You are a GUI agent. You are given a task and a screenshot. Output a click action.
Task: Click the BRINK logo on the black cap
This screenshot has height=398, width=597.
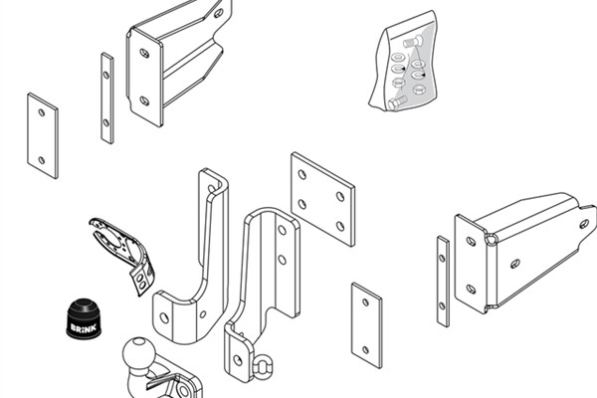pos(83,328)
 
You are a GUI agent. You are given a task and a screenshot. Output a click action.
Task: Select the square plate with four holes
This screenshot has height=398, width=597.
pos(322,199)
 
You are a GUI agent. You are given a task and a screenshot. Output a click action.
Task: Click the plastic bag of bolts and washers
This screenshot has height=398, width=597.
pos(404,61)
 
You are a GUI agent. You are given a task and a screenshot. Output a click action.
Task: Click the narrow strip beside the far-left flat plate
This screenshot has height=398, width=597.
pos(107,98)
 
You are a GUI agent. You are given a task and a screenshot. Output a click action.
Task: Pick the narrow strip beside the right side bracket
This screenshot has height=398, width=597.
pos(443,281)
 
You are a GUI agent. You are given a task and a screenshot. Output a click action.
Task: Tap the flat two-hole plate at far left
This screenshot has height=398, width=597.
pos(43,135)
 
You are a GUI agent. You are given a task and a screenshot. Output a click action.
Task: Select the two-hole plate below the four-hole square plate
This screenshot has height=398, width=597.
pos(366,325)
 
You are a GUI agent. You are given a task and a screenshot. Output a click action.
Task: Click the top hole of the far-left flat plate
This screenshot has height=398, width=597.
pos(42,112)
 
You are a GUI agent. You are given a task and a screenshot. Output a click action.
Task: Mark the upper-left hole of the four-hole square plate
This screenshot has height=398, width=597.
pos(302,175)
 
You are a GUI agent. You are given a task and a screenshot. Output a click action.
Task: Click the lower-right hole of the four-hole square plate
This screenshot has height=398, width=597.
pos(340,226)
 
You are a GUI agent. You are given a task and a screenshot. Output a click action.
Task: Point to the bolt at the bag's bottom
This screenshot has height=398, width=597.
pos(397,102)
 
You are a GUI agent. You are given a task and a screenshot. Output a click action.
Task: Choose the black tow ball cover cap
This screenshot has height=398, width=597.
pos(84,318)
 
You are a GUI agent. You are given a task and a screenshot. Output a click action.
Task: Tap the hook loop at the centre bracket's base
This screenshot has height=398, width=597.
pos(262,366)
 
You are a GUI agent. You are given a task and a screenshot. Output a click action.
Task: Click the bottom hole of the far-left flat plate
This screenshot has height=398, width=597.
pos(42,160)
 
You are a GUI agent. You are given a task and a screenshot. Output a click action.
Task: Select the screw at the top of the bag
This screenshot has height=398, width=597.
pos(413,41)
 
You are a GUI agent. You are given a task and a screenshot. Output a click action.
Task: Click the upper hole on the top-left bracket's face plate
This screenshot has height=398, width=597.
pos(144,53)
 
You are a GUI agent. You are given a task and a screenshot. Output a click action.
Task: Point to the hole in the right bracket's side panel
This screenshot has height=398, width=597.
pos(515,263)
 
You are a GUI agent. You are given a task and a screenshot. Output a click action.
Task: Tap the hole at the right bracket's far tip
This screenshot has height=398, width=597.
pos(584,224)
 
